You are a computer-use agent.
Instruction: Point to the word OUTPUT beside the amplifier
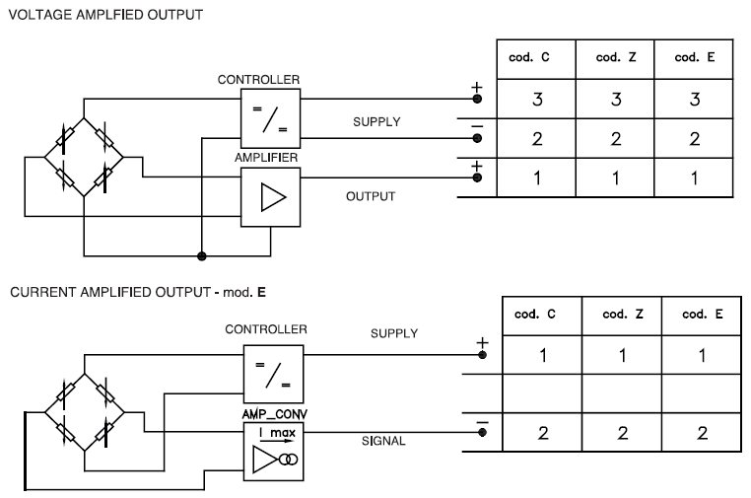tap(370, 196)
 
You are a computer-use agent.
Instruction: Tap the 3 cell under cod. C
tap(538, 101)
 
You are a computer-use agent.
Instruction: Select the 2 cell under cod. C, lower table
tap(540, 434)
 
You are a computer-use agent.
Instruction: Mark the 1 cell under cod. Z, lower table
tap(621, 354)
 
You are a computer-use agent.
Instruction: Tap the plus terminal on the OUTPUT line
tap(477, 178)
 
